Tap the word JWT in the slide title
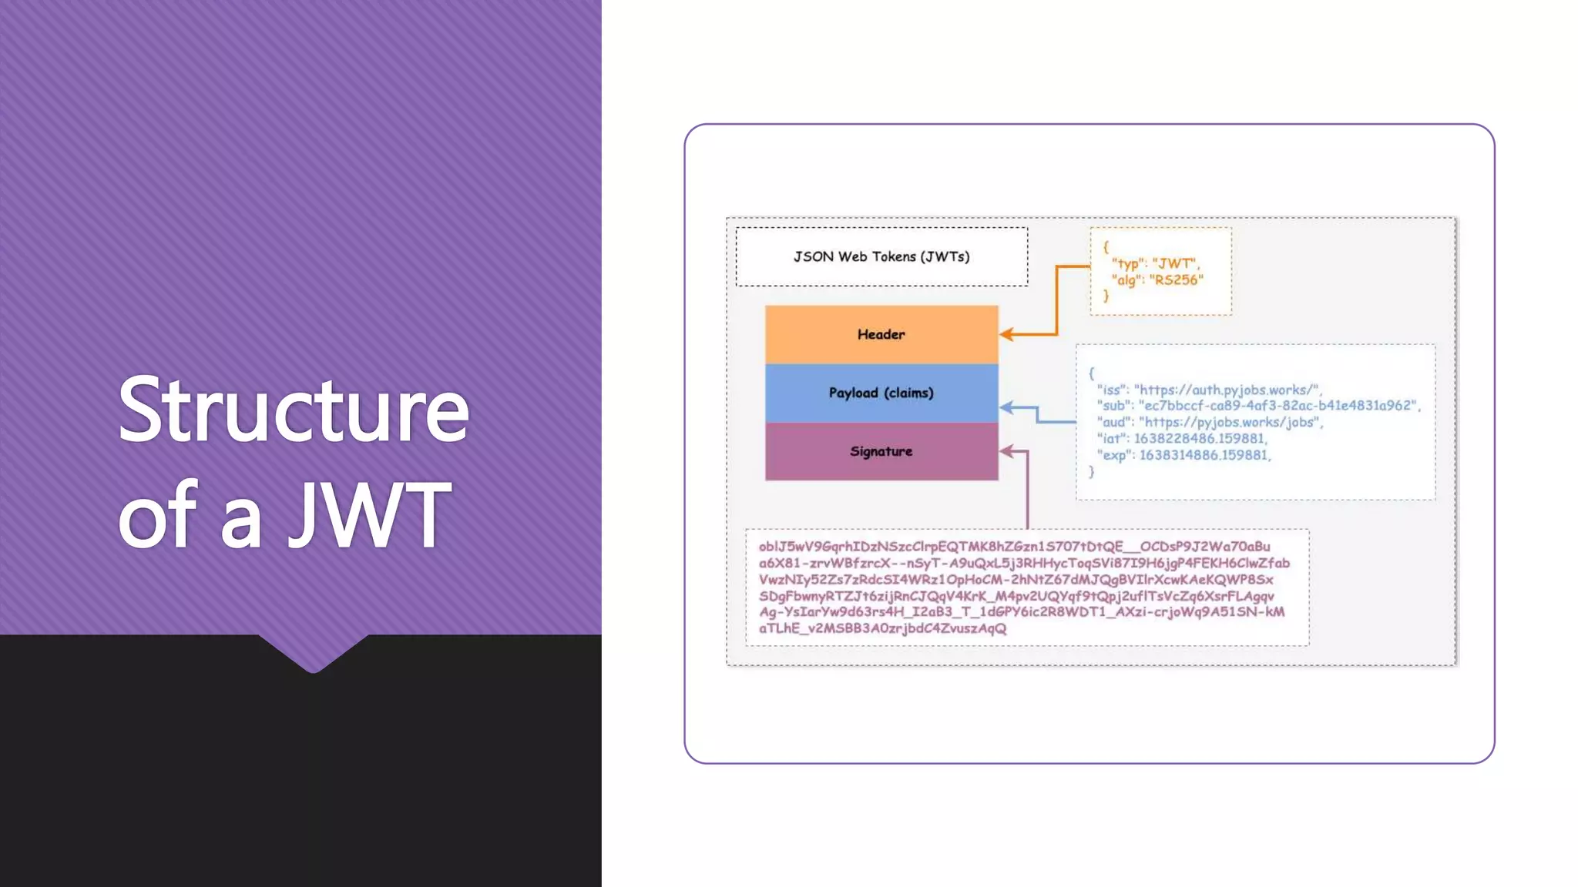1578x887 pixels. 370,514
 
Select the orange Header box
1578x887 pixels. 881,334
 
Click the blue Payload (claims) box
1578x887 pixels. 881,393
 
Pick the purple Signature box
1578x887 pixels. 881,451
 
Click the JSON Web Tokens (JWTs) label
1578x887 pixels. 881,256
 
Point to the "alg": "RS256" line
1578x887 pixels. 1157,280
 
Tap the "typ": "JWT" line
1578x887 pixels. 1155,263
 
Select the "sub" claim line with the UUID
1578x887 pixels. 1258,406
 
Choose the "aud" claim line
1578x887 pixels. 1210,422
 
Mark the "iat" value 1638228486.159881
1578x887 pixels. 1199,438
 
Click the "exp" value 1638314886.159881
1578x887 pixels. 1204,455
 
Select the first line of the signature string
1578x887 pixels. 1014,547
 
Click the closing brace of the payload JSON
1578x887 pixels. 1091,471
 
